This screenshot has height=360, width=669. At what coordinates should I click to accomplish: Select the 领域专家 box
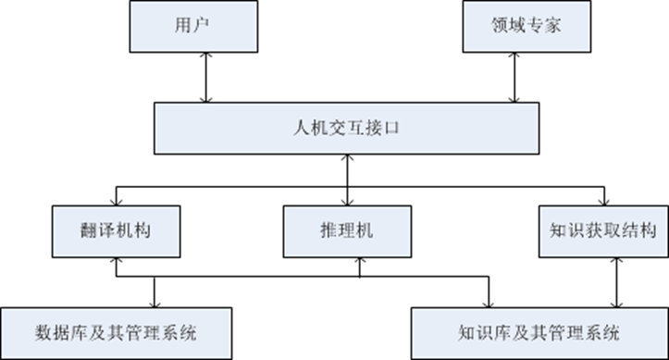coord(514,28)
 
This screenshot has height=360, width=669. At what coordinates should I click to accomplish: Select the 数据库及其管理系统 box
coord(116,330)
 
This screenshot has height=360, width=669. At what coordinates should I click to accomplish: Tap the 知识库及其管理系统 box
coord(539,330)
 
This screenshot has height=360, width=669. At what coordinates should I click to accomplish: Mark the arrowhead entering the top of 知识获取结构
coord(603,203)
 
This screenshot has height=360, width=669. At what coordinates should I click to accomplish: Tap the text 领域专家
coord(514,28)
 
